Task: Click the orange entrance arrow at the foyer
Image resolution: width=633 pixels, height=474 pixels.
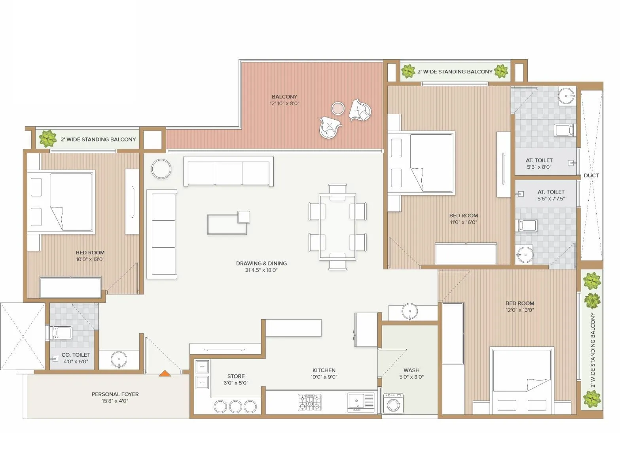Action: point(165,373)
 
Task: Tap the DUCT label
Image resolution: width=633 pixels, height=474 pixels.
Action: point(591,175)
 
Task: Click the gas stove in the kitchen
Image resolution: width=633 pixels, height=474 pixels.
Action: point(309,402)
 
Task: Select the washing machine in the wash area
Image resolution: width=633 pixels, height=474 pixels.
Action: point(393,403)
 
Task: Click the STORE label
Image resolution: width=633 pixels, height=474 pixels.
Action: point(236,376)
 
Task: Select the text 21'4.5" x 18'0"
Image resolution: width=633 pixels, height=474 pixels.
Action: point(261,270)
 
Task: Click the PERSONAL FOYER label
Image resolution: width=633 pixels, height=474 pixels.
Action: point(115,394)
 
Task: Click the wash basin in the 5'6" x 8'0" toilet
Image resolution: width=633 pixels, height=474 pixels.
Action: point(567,96)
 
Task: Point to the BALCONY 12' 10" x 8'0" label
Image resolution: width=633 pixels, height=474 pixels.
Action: point(284,100)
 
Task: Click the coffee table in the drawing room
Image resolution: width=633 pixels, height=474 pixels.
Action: point(228,224)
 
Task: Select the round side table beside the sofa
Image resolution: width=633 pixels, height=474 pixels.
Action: point(161,169)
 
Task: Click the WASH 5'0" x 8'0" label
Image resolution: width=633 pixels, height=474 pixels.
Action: point(411,373)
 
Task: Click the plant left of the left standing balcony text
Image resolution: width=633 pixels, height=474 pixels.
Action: point(47,139)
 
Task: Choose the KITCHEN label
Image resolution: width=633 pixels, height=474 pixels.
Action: point(324,370)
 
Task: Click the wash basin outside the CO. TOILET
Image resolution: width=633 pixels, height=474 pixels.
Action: point(119,359)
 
